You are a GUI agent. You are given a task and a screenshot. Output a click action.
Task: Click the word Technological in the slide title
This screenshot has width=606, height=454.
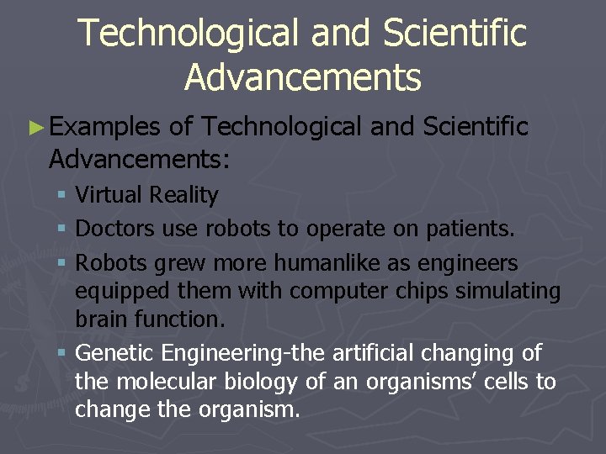(187, 34)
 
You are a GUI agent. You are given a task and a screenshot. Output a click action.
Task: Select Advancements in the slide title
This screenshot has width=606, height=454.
(302, 77)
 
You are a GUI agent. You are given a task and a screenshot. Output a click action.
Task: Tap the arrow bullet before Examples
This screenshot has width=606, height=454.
(35, 128)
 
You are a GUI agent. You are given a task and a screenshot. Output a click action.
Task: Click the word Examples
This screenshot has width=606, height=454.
(105, 128)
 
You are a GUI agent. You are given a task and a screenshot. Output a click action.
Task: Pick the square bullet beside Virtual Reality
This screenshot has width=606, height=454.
(65, 196)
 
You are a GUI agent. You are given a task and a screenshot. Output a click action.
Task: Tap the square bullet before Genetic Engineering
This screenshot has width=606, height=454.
(65, 353)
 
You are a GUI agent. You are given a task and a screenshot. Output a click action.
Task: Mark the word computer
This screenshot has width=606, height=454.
(325, 291)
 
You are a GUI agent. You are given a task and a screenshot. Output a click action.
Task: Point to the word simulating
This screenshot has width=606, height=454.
(508, 291)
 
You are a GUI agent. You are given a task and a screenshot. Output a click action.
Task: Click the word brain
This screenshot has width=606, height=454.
(104, 319)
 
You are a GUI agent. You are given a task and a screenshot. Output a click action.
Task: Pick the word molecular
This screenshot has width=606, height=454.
(172, 382)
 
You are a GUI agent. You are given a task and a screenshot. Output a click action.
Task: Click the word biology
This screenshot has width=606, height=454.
(264, 382)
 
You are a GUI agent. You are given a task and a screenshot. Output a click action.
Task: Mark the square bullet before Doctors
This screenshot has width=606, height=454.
(65, 230)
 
